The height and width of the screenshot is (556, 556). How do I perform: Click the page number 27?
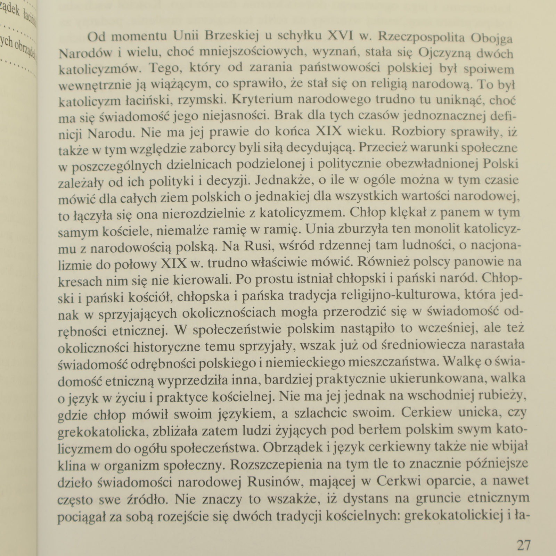point(524,545)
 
